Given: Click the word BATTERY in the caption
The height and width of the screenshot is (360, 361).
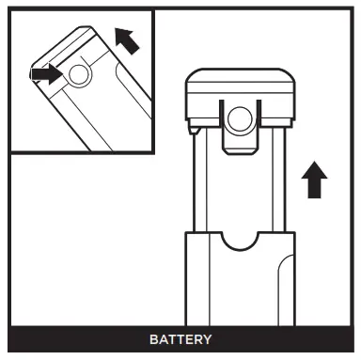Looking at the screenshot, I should [180, 339].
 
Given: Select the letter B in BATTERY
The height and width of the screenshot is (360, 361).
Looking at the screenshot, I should [152, 339].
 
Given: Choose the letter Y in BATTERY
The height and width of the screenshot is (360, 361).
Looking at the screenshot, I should [207, 339].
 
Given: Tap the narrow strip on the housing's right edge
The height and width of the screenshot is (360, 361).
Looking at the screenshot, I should [283, 282].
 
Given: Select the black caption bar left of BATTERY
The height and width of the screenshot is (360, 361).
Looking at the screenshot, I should [75, 339].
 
